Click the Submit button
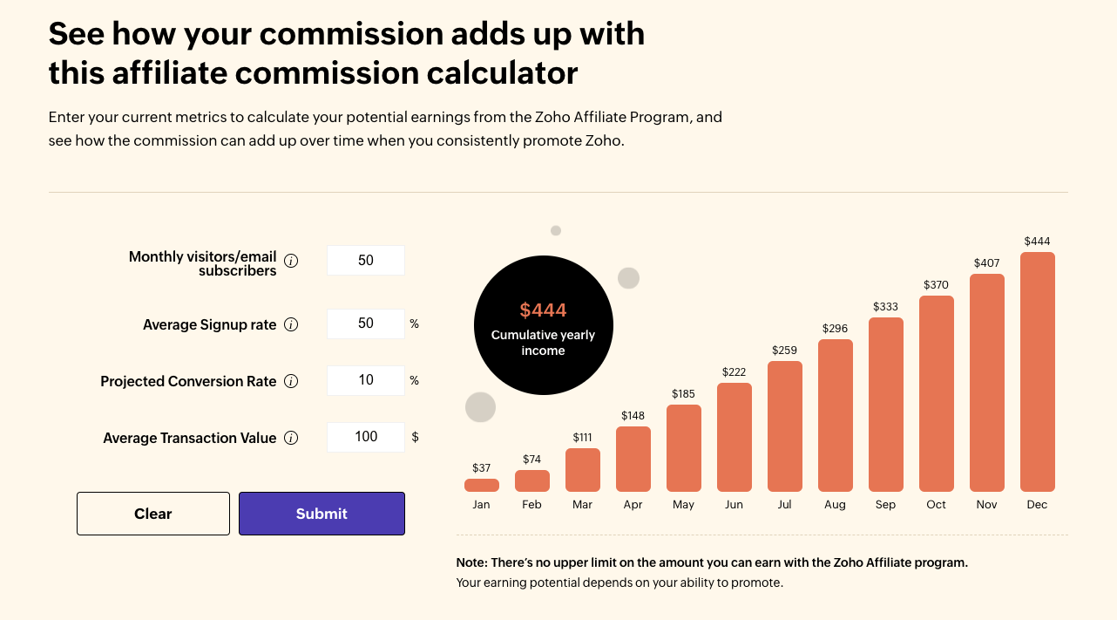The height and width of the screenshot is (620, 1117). tap(322, 514)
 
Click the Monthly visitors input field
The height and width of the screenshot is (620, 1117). tap(366, 261)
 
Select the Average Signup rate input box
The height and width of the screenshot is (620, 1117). tap(366, 324)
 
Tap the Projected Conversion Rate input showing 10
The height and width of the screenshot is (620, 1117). tap(366, 380)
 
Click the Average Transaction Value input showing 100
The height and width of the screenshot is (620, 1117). tap(366, 437)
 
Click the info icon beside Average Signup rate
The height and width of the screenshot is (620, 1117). tap(292, 324)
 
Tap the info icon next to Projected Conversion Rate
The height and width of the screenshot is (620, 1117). tap(292, 381)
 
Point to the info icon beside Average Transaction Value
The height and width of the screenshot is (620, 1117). tap(292, 438)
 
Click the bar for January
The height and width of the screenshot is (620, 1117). tap(481, 485)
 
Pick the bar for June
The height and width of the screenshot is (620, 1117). tap(734, 437)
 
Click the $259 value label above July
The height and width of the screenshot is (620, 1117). tap(784, 351)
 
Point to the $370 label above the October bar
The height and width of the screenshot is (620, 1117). tap(936, 285)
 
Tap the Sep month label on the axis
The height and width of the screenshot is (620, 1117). tap(885, 505)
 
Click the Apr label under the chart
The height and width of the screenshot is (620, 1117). tap(633, 505)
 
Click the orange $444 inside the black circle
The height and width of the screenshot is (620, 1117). tap(543, 310)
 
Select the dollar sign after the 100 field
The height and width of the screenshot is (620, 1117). tap(415, 437)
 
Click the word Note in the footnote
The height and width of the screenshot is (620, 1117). tap(472, 562)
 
